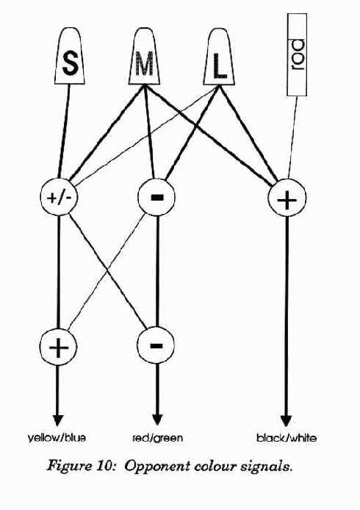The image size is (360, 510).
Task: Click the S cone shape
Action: [69, 56]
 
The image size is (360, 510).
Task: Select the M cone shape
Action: [144, 56]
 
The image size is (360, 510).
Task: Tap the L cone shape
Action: [219, 57]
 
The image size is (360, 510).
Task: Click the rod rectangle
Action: [297, 54]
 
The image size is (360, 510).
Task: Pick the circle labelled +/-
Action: [59, 197]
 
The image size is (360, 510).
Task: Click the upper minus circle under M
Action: [156, 197]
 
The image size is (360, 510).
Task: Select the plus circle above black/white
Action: [287, 198]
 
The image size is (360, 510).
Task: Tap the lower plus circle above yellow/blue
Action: [58, 346]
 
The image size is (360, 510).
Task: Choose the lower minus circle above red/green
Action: [156, 345]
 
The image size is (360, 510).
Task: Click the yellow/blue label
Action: [57, 438]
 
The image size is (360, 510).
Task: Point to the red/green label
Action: [158, 438]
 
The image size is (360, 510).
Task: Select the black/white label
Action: [287, 438]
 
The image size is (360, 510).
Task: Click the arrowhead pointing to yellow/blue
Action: [57, 420]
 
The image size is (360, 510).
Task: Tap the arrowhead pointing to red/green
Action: [157, 420]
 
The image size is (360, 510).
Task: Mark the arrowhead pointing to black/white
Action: [287, 421]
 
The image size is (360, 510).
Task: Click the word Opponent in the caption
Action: [157, 467]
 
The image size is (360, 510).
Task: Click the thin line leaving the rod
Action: [292, 137]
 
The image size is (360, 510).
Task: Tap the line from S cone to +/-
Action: [64, 132]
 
